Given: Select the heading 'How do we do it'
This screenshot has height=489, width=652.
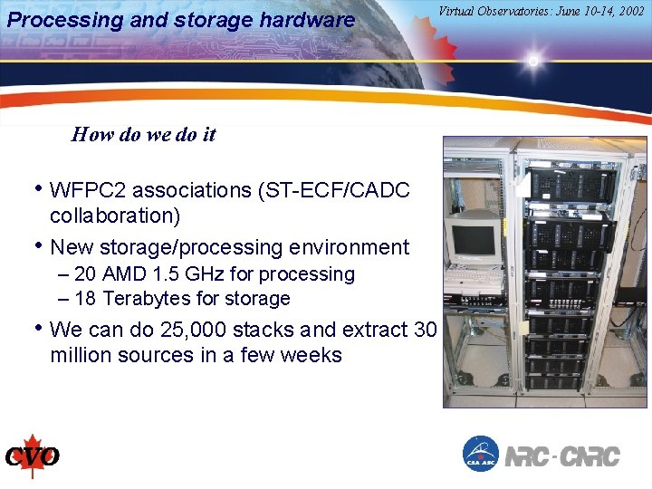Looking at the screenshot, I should [x=143, y=135].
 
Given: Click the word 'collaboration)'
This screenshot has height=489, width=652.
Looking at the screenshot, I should [x=115, y=216].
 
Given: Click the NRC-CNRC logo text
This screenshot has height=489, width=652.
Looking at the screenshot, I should [x=562, y=455].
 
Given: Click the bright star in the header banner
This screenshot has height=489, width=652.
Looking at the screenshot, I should [x=533, y=62].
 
